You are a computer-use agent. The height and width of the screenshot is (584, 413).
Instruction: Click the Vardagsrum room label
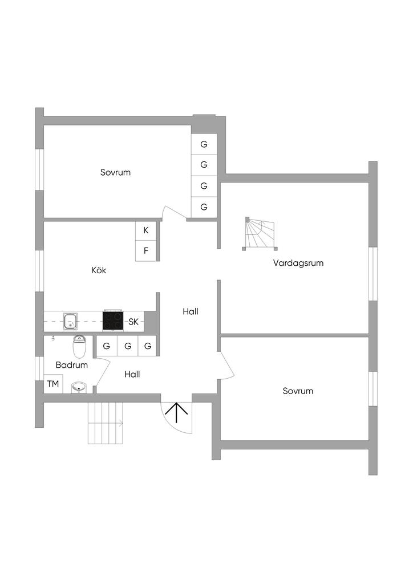(298, 263)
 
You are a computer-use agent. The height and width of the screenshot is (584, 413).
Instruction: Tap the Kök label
(99, 270)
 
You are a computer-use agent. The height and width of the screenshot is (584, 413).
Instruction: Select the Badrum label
(72, 365)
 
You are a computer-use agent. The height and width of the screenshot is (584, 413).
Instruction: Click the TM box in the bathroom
(53, 384)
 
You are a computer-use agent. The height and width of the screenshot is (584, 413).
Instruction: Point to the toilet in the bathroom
(79, 347)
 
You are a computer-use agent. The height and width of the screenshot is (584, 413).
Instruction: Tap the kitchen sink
(71, 322)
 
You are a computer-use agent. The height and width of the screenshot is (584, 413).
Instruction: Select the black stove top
(113, 321)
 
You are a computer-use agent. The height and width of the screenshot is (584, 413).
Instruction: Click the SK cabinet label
(133, 322)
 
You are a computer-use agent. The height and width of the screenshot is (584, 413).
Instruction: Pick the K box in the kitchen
(146, 230)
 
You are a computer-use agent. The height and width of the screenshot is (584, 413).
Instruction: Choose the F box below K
(146, 250)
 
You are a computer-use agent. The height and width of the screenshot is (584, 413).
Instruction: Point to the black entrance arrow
(177, 412)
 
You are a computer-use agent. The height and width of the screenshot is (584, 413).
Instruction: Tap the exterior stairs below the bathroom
(106, 423)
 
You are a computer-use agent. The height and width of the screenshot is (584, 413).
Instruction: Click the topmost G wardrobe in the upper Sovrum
(204, 144)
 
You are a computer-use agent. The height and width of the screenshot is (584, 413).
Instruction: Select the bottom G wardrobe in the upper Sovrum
(204, 206)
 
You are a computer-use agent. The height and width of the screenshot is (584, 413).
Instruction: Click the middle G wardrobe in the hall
(127, 346)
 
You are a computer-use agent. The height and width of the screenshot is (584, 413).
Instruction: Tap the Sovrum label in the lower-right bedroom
(298, 391)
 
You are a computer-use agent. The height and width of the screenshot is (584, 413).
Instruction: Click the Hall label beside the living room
(191, 311)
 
